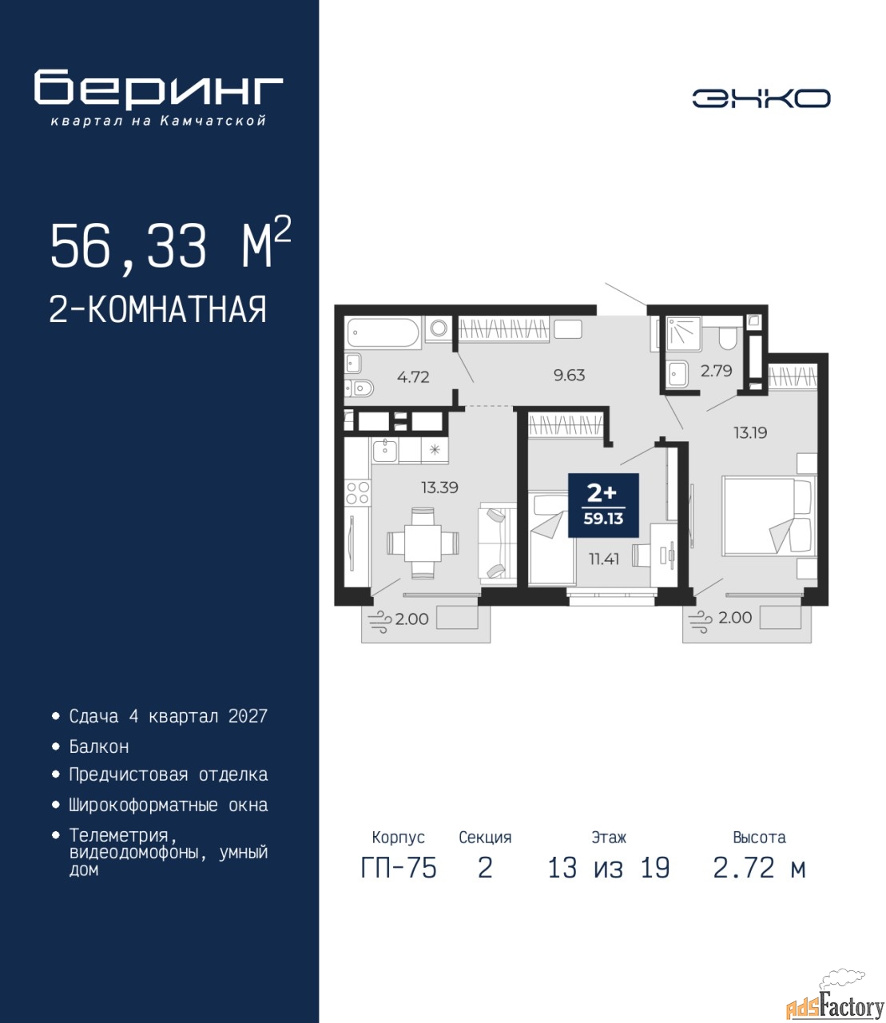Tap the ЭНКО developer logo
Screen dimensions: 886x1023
pyautogui.click(x=761, y=98)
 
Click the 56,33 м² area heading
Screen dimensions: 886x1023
pyautogui.click(x=170, y=245)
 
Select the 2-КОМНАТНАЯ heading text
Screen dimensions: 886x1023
pyautogui.click(x=158, y=309)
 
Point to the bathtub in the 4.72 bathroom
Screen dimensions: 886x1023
pyautogui.click(x=383, y=332)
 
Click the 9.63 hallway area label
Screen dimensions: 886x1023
pyautogui.click(x=569, y=375)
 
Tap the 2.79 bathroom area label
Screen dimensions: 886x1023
pyautogui.click(x=716, y=371)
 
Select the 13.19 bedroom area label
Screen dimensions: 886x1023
pyautogui.click(x=750, y=433)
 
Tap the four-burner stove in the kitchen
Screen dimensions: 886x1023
pyautogui.click(x=358, y=493)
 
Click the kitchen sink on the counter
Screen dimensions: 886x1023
pyautogui.click(x=385, y=451)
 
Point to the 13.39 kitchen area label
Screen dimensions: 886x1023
pyautogui.click(x=439, y=488)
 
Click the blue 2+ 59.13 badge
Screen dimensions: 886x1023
pyautogui.click(x=603, y=505)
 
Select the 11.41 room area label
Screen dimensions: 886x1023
pyautogui.click(x=603, y=559)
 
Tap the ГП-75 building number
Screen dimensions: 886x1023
pyautogui.click(x=398, y=882)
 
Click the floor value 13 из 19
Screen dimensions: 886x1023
pyautogui.click(x=609, y=882)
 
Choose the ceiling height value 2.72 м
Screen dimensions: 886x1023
pyautogui.click(x=759, y=882)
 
